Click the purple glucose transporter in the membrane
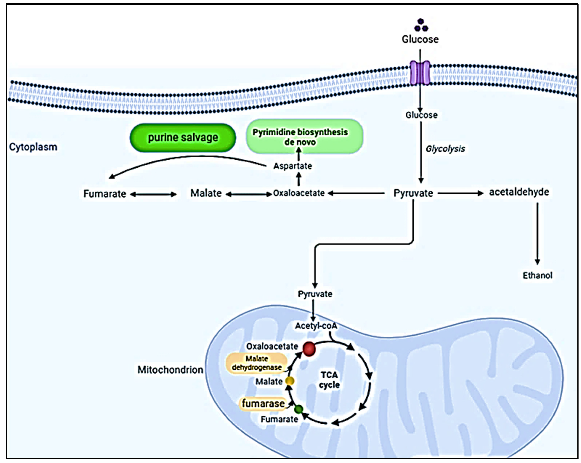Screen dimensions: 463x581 [x=420, y=73]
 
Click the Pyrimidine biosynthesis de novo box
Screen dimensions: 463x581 [x=304, y=137]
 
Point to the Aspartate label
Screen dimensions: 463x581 [x=293, y=166]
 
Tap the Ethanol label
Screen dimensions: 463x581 [x=537, y=275]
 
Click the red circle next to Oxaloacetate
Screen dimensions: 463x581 [x=309, y=349]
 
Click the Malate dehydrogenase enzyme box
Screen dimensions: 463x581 [x=257, y=363]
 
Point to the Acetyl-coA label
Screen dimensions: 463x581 [x=316, y=326]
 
